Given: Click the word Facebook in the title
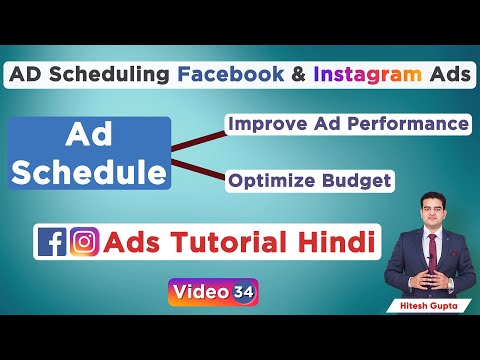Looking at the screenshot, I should (x=235, y=76).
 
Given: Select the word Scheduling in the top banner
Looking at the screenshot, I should (x=125, y=76).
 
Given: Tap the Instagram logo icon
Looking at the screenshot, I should (x=84, y=243).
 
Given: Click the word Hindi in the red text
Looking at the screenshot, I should (x=335, y=242).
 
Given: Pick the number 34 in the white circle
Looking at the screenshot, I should (x=243, y=293).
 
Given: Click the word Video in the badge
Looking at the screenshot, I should (x=200, y=293).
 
